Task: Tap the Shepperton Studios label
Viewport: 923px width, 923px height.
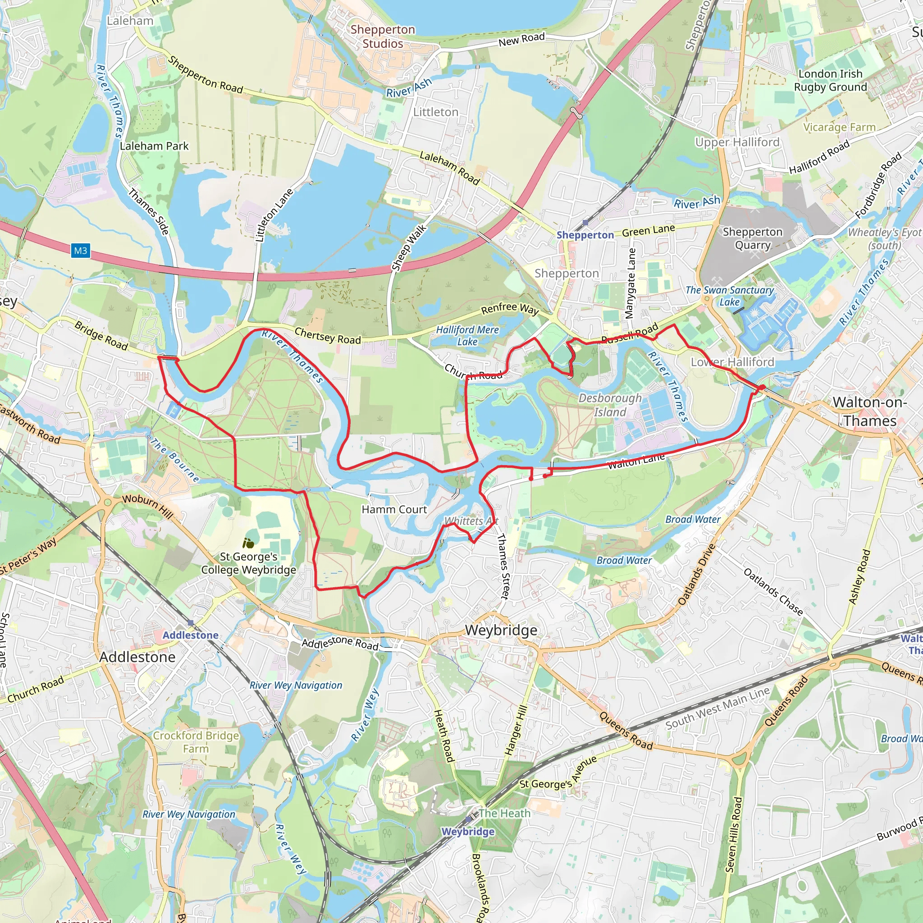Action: coord(383,37)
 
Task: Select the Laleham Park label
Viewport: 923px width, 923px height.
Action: coord(154,146)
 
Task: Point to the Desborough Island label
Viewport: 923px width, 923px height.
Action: coord(610,405)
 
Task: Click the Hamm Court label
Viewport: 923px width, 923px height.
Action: coord(394,509)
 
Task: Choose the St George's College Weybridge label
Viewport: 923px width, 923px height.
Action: coord(248,563)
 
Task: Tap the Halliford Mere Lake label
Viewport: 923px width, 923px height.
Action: coord(467,335)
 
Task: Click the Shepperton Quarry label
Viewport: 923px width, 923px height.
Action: coord(753,238)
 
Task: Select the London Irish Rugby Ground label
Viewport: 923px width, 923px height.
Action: coord(830,80)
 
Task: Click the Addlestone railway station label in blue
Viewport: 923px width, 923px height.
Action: coord(190,635)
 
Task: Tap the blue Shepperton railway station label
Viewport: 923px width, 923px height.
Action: coord(585,235)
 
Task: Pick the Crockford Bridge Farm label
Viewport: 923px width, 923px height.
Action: coord(196,742)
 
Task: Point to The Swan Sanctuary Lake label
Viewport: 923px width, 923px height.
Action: coord(730,296)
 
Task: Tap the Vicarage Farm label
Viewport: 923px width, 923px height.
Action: coord(839,127)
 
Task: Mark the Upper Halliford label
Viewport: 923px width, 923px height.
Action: coord(737,142)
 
